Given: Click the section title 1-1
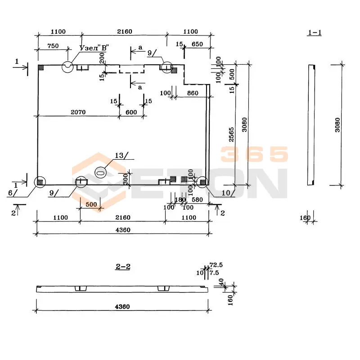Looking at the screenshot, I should (315, 32).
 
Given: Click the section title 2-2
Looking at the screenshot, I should (123, 267).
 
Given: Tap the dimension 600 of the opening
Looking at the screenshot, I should (131, 112).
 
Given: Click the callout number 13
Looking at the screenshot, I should (119, 156).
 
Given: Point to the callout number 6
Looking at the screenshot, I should (10, 192).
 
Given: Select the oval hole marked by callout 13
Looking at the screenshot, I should (101, 171).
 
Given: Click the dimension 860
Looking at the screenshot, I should (192, 93).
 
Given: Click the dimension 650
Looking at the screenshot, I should (197, 44).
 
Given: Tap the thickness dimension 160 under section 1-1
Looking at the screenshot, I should (305, 218).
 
